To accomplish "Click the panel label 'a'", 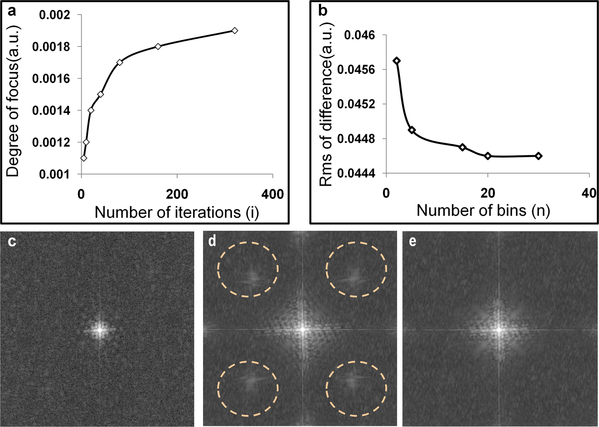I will point(12,11).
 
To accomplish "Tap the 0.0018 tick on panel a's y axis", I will point(51,47).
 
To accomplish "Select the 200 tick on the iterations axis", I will point(177,195).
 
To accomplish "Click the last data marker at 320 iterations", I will point(235,30).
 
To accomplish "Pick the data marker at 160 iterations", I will point(158,46).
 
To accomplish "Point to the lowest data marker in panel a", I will point(84,158).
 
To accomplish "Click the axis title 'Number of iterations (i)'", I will point(177,212).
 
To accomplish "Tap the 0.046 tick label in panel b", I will point(360,35).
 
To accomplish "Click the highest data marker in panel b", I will point(397,61).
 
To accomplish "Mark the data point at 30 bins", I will point(539,156).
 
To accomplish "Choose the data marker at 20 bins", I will point(488,156).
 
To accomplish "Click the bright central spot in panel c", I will point(98,329).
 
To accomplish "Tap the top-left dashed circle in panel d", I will point(248,269).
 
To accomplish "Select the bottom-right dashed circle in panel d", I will point(356,388).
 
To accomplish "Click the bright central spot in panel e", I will point(499,329).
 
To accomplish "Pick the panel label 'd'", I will point(213,241).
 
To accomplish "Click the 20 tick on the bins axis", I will point(488,193).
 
